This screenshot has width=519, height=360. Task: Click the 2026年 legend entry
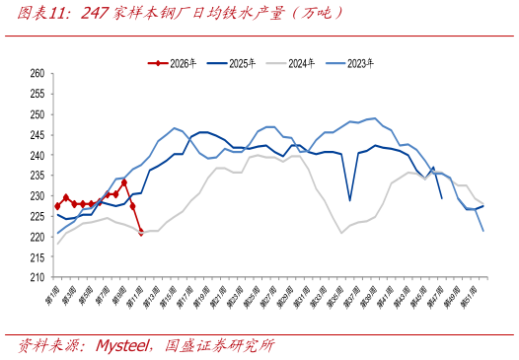(182, 63)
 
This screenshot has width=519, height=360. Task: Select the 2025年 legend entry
(242, 63)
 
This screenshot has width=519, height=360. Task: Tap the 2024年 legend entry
(301, 63)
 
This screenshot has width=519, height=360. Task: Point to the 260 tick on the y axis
(37, 73)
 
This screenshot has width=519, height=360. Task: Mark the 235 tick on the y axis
(37, 176)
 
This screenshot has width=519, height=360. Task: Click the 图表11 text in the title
(43, 13)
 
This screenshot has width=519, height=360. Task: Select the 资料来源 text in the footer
(47, 345)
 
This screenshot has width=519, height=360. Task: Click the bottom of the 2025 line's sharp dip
(350, 200)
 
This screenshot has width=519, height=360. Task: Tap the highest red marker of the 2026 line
(124, 182)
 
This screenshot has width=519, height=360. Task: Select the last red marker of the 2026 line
(141, 233)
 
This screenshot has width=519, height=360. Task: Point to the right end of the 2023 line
(483, 231)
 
